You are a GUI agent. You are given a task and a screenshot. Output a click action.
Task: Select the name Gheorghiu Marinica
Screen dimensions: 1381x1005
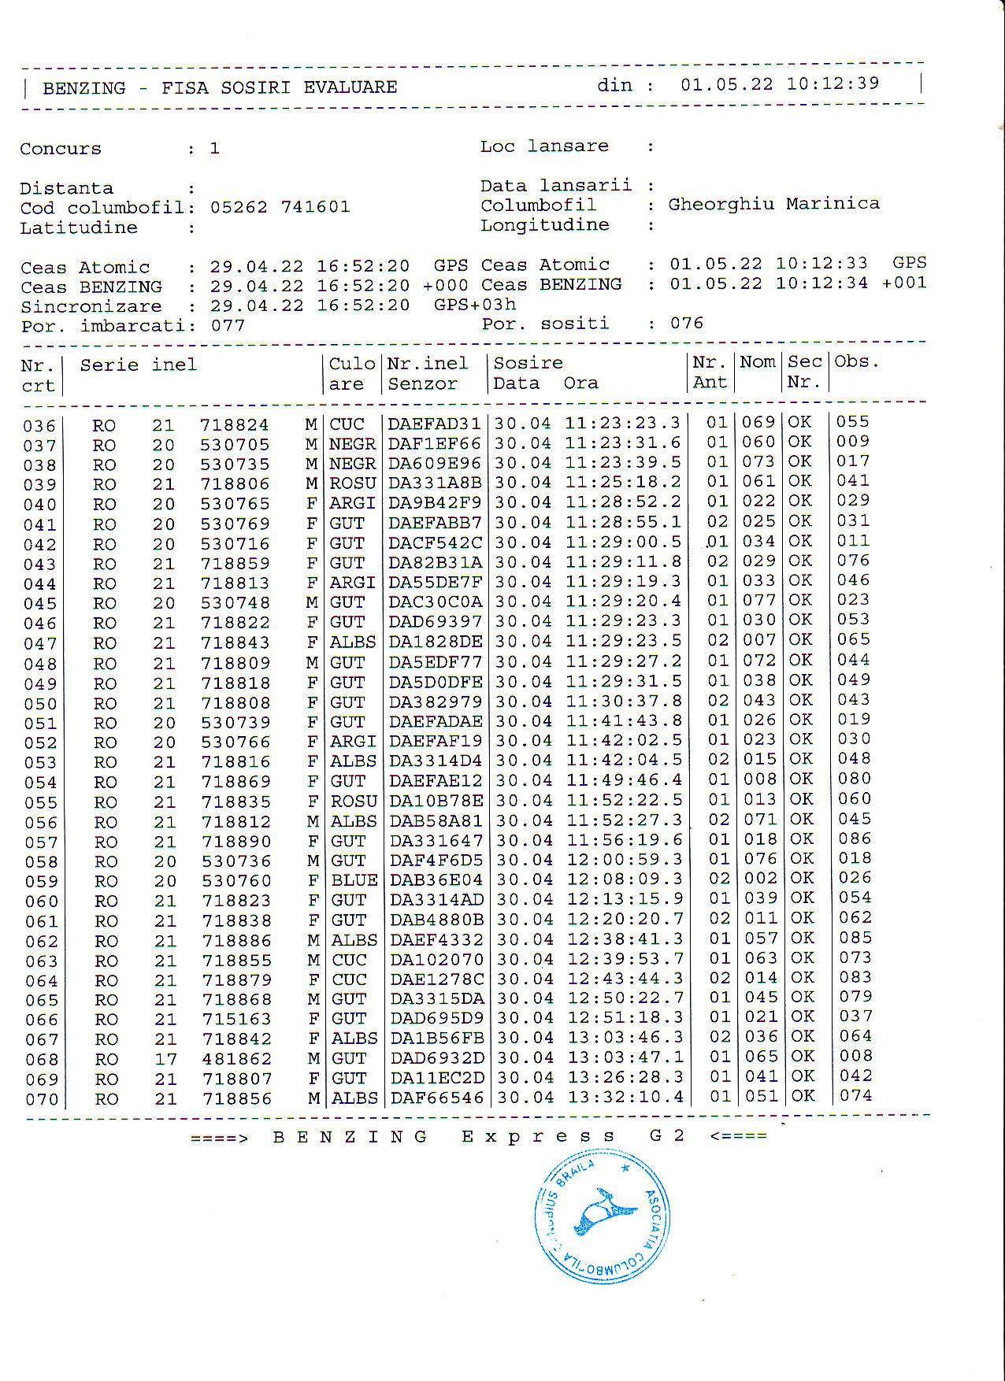pyautogui.click(x=773, y=204)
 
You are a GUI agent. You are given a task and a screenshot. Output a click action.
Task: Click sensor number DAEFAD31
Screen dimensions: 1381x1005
pyautogui.click(x=434, y=424)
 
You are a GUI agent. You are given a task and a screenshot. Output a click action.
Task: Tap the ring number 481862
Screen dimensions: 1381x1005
pyautogui.click(x=237, y=1059)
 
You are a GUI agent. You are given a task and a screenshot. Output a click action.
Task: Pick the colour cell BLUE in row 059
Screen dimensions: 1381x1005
pyautogui.click(x=354, y=880)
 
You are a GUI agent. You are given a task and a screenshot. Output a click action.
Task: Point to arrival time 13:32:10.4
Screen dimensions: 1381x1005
pyautogui.click(x=625, y=1097)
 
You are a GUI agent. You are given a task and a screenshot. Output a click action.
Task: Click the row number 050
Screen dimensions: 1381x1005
pyautogui.click(x=40, y=704)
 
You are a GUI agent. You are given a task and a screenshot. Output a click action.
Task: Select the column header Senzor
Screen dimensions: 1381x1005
pyautogui.click(x=423, y=384)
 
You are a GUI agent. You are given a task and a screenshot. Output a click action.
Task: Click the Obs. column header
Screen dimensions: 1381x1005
pyautogui.click(x=856, y=362)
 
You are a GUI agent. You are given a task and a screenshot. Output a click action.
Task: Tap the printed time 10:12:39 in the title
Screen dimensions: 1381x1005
pyautogui.click(x=833, y=83)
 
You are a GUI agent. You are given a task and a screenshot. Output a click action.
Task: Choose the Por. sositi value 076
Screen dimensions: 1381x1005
pyautogui.click(x=687, y=323)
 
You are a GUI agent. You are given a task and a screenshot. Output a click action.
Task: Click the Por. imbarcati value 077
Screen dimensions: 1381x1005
pyautogui.click(x=228, y=326)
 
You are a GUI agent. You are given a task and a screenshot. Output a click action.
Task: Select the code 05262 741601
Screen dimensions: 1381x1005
pyautogui.click(x=280, y=207)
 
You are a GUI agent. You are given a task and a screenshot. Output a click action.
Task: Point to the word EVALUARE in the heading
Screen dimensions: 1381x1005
pyautogui.click(x=350, y=87)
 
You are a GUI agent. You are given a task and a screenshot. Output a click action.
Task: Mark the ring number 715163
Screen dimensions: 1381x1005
pyautogui.click(x=237, y=1020)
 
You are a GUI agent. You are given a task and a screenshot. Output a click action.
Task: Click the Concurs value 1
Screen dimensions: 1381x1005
pyautogui.click(x=214, y=149)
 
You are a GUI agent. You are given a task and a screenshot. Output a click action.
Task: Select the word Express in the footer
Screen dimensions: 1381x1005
pyautogui.click(x=539, y=1136)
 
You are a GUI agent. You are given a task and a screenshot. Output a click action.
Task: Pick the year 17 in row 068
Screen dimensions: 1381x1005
pyautogui.click(x=165, y=1059)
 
